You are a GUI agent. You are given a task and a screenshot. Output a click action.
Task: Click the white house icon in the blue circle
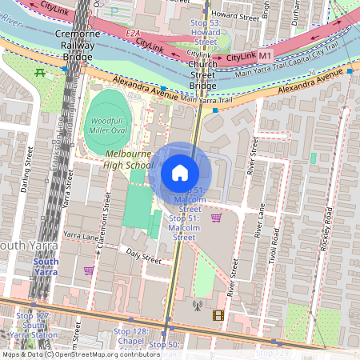pos(180,172)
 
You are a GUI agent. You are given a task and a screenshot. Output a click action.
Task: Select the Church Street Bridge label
pos(203,71)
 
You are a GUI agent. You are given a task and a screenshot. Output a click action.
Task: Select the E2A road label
pos(133,33)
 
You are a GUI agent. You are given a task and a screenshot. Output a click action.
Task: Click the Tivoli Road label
pos(275,251)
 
